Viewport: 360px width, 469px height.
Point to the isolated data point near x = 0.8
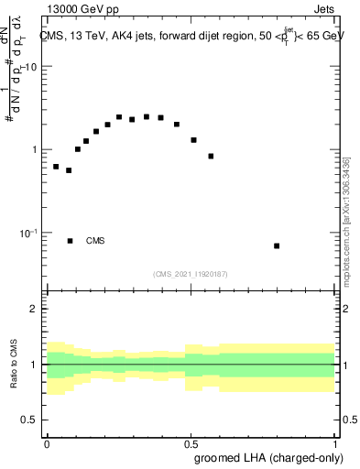tap(277, 245)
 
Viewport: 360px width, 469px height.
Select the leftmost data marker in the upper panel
tap(56, 167)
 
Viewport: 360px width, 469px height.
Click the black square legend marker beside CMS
tap(70, 241)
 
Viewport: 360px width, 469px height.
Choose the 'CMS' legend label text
tap(95, 241)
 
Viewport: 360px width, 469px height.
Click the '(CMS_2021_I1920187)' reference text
tap(190, 274)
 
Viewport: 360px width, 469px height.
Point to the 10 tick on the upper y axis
tap(30, 67)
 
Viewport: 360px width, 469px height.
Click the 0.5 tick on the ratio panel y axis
tap(31, 420)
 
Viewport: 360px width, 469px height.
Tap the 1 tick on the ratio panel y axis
tap(35, 365)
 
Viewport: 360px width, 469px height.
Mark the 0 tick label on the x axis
tap(47, 442)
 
